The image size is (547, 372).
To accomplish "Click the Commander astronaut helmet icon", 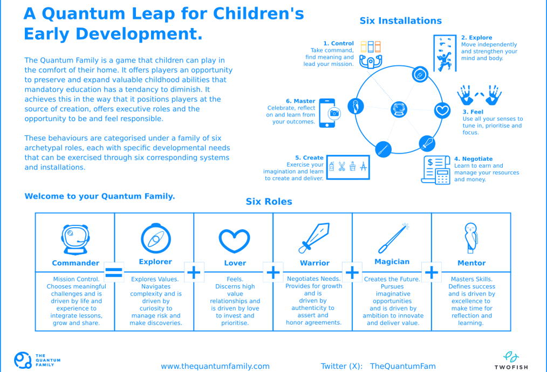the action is coord(75,239).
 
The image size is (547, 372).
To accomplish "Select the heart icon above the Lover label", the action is coord(234,240).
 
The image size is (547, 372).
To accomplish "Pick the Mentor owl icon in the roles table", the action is coord(471,237).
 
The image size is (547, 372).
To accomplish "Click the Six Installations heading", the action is coord(400,21).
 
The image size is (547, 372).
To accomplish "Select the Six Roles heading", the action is coord(269,202).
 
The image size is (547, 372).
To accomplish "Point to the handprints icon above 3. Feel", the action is coord(479,94).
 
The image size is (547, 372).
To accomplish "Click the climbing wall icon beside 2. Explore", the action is coord(445,53).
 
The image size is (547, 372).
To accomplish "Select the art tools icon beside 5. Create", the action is coord(348,167).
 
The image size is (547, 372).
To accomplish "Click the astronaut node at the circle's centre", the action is coord(400,109).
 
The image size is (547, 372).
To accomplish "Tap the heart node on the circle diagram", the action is coord(442,110).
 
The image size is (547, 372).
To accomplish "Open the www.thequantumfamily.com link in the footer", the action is coord(215,366).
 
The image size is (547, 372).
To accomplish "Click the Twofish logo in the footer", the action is coord(510,360).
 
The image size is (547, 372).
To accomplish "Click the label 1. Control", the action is coord(338,43).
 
